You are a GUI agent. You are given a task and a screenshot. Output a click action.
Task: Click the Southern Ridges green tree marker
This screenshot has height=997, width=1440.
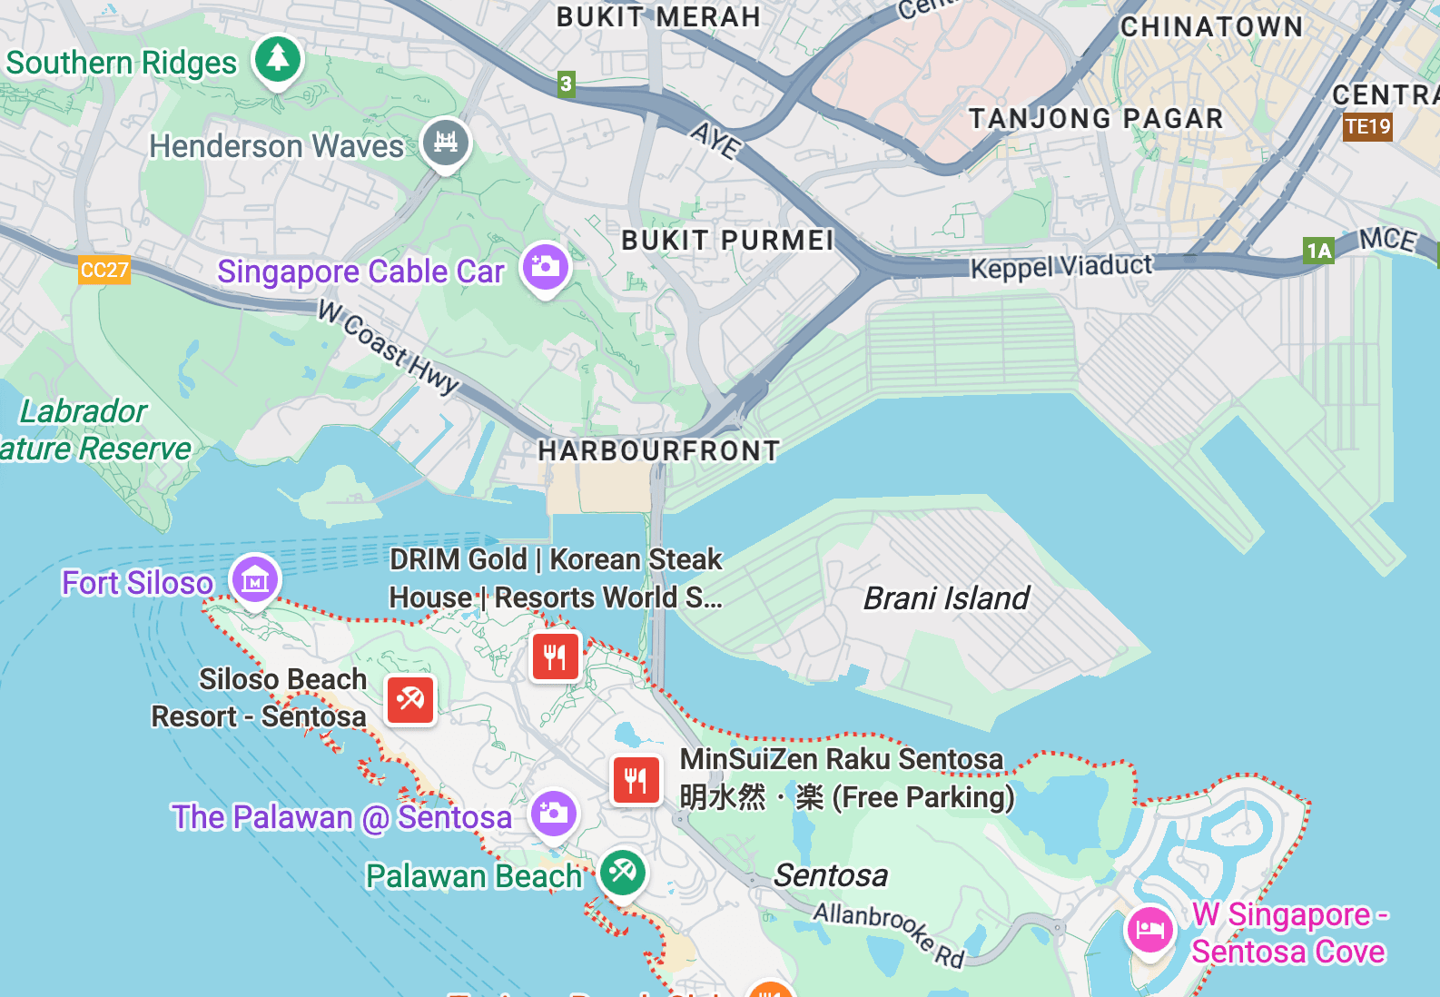pos(278,59)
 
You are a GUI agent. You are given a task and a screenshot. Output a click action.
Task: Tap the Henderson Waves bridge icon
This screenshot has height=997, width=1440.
pos(446,143)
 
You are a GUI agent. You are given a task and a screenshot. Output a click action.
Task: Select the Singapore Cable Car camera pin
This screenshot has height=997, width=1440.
pos(545,267)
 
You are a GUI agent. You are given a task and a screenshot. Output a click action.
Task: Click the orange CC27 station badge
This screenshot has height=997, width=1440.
pos(104,270)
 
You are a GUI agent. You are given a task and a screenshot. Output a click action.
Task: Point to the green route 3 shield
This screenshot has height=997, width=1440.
pos(566,84)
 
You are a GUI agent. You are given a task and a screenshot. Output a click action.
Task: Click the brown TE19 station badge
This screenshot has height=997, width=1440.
pos(1367,126)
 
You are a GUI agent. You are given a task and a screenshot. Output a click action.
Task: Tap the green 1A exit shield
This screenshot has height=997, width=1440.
pos(1318,251)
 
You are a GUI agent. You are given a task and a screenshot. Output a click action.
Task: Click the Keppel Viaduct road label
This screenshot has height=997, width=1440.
pos(1060,267)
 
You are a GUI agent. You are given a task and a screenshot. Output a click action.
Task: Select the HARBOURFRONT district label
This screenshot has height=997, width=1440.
pos(658,450)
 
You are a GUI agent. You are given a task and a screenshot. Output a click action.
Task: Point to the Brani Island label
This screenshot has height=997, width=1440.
pos(945,598)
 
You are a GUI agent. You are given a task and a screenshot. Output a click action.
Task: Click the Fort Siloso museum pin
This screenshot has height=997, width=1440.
pos(255,579)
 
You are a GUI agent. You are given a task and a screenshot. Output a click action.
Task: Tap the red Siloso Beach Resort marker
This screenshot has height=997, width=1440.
pos(410,699)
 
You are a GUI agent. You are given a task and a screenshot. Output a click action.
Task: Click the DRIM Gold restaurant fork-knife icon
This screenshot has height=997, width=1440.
pos(556,656)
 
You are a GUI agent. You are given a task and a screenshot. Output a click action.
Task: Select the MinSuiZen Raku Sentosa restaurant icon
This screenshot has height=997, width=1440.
pos(636,780)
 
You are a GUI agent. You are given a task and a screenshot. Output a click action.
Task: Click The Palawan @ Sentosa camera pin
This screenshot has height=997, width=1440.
pos(554,814)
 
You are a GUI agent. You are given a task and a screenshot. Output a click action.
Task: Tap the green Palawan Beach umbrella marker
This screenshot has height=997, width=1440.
pos(623,872)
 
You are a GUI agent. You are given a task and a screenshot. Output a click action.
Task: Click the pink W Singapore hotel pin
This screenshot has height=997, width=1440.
pos(1149,929)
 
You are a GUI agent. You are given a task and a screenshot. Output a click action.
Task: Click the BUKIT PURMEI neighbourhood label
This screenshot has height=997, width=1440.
pos(727,240)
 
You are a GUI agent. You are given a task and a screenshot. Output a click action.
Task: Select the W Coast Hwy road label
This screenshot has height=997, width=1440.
pos(389,348)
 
